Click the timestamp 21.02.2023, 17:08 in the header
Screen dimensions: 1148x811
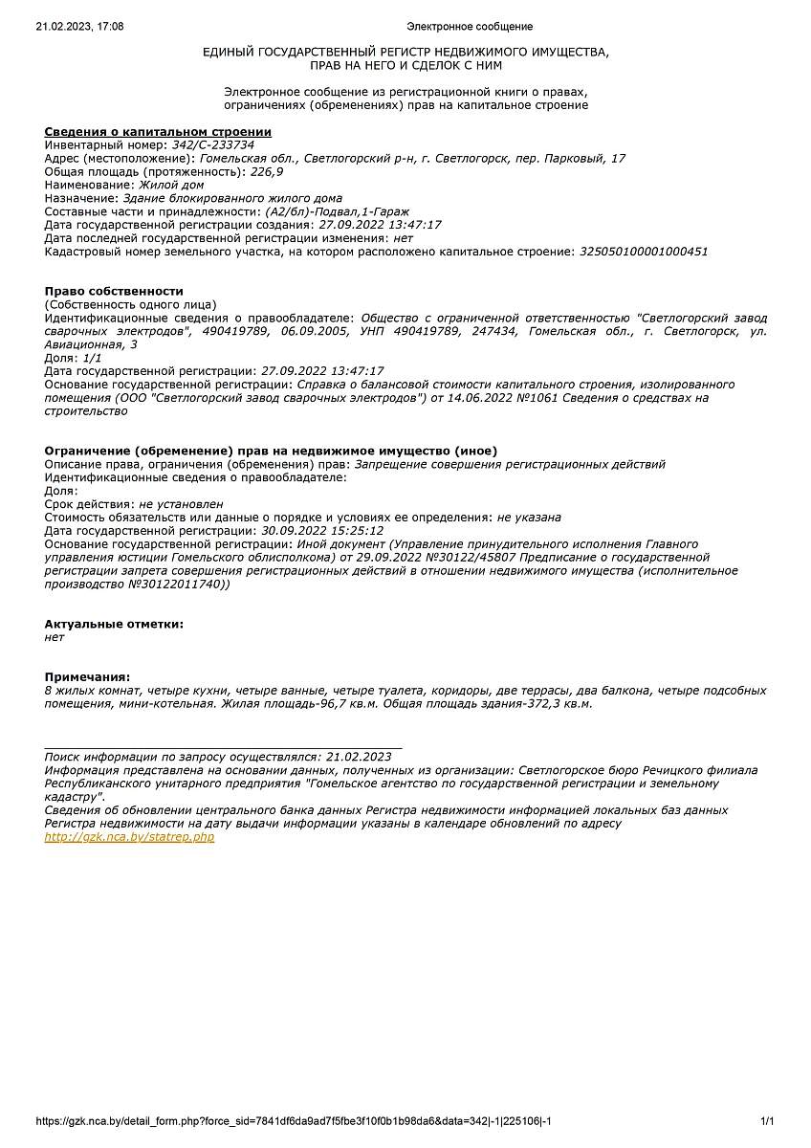79,27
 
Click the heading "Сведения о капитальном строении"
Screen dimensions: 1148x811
158,132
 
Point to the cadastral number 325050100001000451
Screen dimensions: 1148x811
645,252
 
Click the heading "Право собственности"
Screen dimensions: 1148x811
114,291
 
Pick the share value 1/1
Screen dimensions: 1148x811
92,358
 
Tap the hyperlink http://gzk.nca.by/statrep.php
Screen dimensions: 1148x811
129,837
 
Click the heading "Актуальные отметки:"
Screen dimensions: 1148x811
114,624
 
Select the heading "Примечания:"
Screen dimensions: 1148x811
87,677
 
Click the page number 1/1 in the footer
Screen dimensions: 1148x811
767,1121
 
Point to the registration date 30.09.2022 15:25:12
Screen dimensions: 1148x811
322,531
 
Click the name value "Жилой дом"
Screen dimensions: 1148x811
171,185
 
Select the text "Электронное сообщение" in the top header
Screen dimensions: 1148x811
470,27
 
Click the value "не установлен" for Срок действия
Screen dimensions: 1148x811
181,504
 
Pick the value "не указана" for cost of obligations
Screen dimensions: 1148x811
529,518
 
